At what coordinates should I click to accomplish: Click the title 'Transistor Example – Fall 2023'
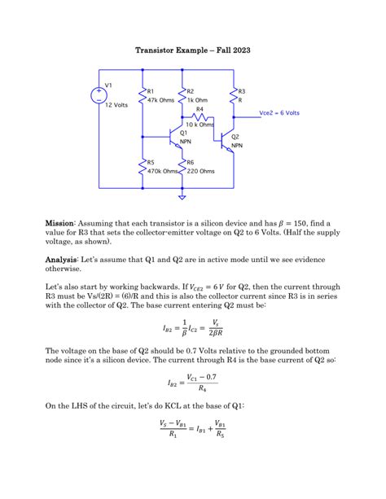[x=192, y=50]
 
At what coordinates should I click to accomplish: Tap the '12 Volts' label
[x=116, y=105]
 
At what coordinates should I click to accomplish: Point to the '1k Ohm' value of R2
[x=197, y=101]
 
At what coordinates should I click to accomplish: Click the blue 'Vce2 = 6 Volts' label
[x=279, y=113]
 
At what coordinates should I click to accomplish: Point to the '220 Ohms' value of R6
[x=200, y=171]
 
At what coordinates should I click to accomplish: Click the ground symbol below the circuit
[x=182, y=196]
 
